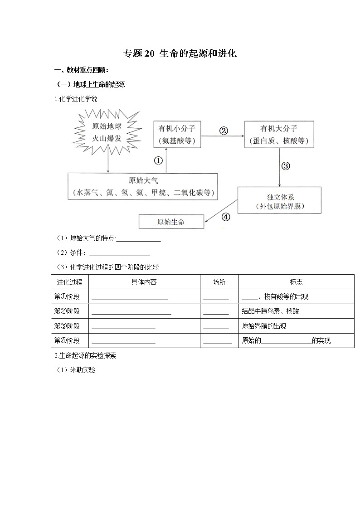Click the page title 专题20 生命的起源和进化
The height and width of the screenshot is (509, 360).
tap(180, 53)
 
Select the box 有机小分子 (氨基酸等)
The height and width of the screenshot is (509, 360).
tap(177, 134)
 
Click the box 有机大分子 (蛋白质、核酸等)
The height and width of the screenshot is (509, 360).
tap(279, 134)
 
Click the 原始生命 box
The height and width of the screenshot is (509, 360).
tap(171, 222)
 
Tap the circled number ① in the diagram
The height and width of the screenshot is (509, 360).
tap(158, 160)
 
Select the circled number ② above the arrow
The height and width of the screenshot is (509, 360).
tap(223, 131)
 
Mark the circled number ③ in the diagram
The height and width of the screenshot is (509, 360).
tap(286, 166)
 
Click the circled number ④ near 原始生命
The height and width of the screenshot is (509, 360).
tap(225, 217)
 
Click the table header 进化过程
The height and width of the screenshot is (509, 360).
tap(69, 282)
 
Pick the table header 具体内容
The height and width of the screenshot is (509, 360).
tap(144, 282)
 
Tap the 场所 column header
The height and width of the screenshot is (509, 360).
tap(219, 282)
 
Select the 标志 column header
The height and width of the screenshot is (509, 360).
tap(296, 282)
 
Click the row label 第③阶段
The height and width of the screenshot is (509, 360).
tap(67, 326)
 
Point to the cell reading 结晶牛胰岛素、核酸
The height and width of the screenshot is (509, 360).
tap(270, 311)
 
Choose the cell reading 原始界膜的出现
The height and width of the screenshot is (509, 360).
tap(264, 326)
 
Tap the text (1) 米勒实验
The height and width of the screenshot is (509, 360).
tap(76, 370)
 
